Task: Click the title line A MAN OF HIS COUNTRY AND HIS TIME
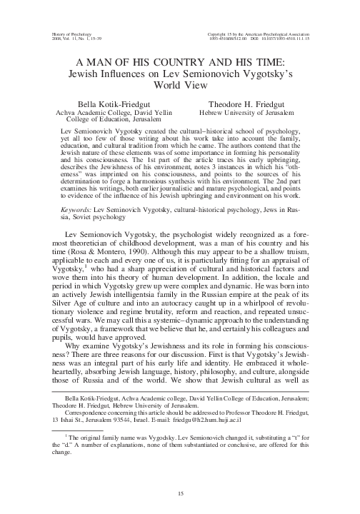(x=179, y=62)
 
